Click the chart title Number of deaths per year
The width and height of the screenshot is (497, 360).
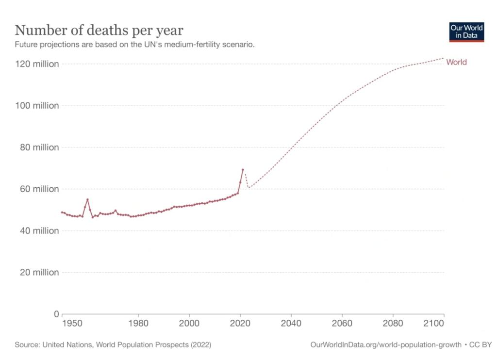[99, 30]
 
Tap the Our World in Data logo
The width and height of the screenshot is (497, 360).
[466, 32]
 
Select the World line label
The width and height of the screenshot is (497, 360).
[456, 62]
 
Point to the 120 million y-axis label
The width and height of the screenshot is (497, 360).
[36, 64]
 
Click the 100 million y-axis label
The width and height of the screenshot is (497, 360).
[36, 106]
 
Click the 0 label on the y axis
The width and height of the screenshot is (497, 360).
[56, 314]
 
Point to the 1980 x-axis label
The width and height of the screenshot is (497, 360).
[138, 323]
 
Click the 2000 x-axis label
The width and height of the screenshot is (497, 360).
[189, 323]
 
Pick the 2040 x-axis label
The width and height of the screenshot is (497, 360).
[291, 323]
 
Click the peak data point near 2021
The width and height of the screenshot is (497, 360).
[243, 170]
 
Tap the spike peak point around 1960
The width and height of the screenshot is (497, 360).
[87, 199]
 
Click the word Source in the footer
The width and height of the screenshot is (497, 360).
[27, 345]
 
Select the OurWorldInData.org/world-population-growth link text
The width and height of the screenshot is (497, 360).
[386, 345]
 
